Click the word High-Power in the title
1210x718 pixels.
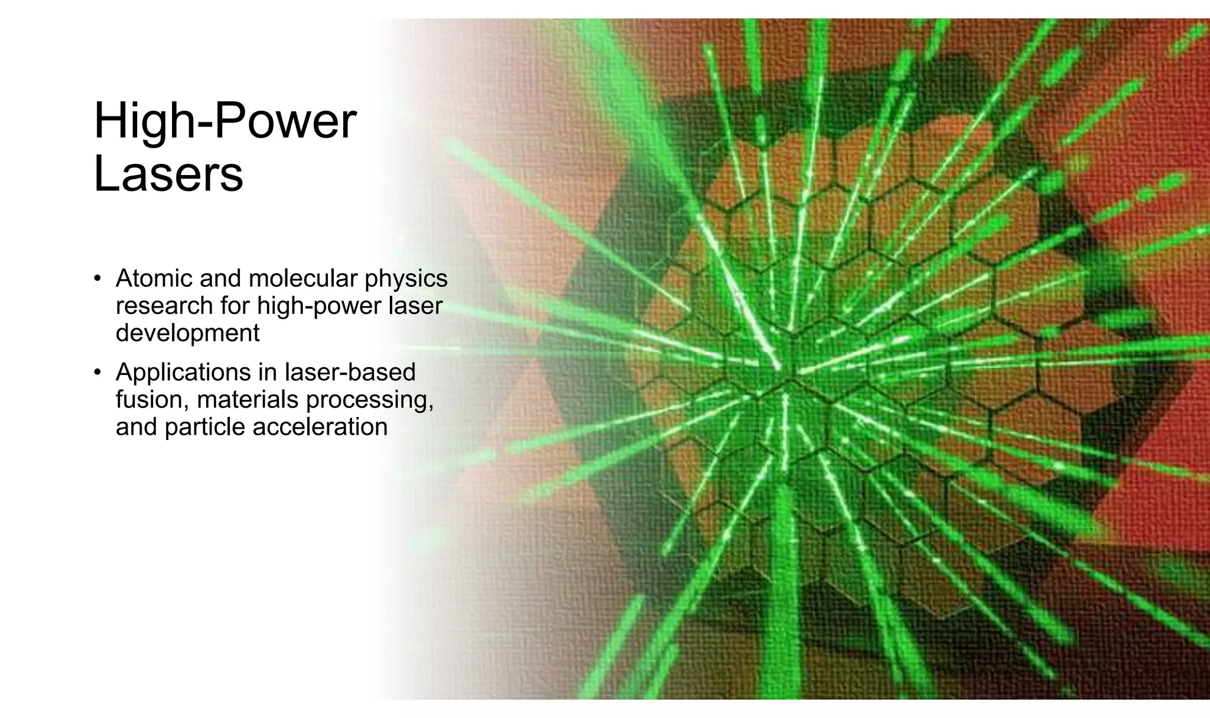click(x=225, y=122)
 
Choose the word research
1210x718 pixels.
click(x=164, y=306)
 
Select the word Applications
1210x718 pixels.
click(x=183, y=373)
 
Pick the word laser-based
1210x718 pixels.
click(x=350, y=372)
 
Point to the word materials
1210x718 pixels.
click(x=248, y=400)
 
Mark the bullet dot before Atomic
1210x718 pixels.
click(x=98, y=279)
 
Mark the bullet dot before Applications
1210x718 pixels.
click(x=98, y=373)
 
